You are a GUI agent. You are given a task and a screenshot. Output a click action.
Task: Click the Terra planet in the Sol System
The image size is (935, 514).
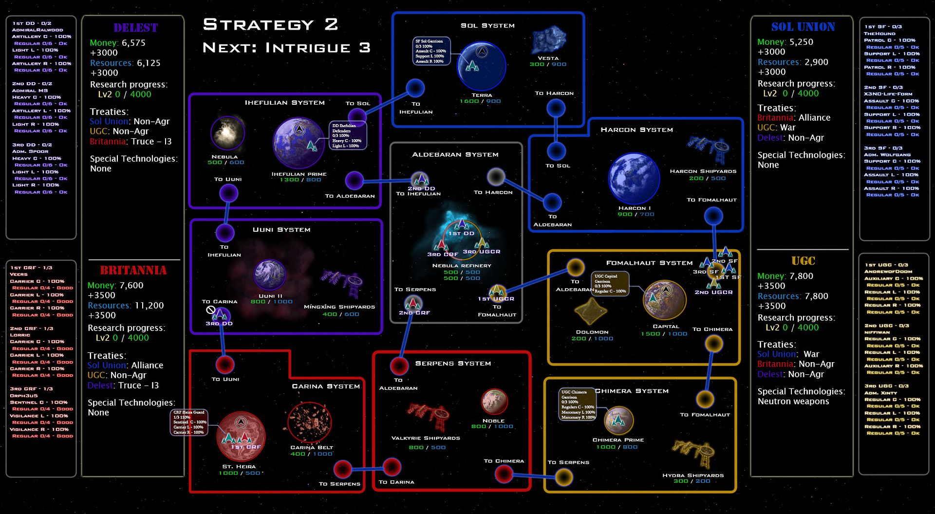coord(482,66)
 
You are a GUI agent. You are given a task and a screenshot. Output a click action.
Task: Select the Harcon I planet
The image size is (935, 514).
coord(634,179)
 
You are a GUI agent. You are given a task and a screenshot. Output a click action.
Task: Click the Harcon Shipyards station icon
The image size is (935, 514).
coord(709,148)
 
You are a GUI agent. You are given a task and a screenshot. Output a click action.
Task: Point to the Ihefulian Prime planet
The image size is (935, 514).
coord(299,143)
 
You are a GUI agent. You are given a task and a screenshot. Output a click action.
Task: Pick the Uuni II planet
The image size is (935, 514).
coord(270,275)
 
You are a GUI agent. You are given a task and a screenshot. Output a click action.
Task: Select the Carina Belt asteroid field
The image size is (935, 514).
coord(310,422)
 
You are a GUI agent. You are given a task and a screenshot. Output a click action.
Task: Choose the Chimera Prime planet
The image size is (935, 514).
coord(618,420)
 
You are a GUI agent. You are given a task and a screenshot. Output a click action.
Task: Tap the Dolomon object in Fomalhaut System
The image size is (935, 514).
coord(590,312)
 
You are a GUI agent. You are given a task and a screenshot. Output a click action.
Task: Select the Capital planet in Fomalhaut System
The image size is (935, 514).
coord(664,300)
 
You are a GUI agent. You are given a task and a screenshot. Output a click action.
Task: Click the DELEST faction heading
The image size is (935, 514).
coord(135,28)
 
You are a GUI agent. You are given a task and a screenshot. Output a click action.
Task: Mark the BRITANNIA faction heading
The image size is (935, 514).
coord(133,271)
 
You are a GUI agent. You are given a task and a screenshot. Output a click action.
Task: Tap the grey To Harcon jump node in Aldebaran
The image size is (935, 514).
coord(496,177)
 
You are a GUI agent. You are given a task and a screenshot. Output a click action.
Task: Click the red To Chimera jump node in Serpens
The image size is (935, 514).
coord(504,473)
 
